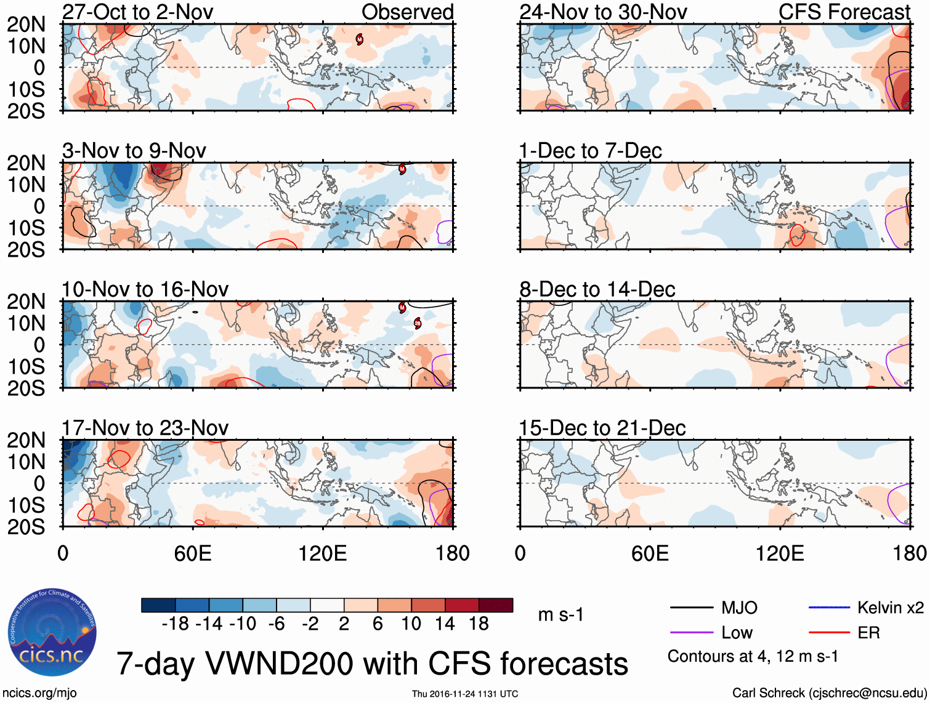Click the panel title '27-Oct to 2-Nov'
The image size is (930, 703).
click(x=138, y=12)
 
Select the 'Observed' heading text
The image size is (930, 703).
click(x=407, y=12)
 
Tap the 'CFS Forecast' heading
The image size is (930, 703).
click(x=844, y=12)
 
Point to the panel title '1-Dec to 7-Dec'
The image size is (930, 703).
click(x=590, y=151)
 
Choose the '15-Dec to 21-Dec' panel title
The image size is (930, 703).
click(x=602, y=428)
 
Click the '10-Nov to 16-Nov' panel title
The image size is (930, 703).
click(x=145, y=289)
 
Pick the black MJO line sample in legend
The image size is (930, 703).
click(x=691, y=608)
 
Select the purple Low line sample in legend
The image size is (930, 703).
click(x=691, y=633)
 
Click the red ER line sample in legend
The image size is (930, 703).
click(x=829, y=633)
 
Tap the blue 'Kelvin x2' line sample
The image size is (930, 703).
click(x=829, y=608)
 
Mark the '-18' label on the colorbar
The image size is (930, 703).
click(x=176, y=624)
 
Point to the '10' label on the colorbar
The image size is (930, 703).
click(x=411, y=624)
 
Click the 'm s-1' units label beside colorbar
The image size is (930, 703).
click(x=560, y=614)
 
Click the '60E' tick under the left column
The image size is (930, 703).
click(x=193, y=553)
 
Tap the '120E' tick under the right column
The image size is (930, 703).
click(x=780, y=553)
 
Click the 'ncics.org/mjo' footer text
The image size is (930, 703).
click(x=39, y=693)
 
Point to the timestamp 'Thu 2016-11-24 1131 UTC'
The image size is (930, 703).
click(x=465, y=694)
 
